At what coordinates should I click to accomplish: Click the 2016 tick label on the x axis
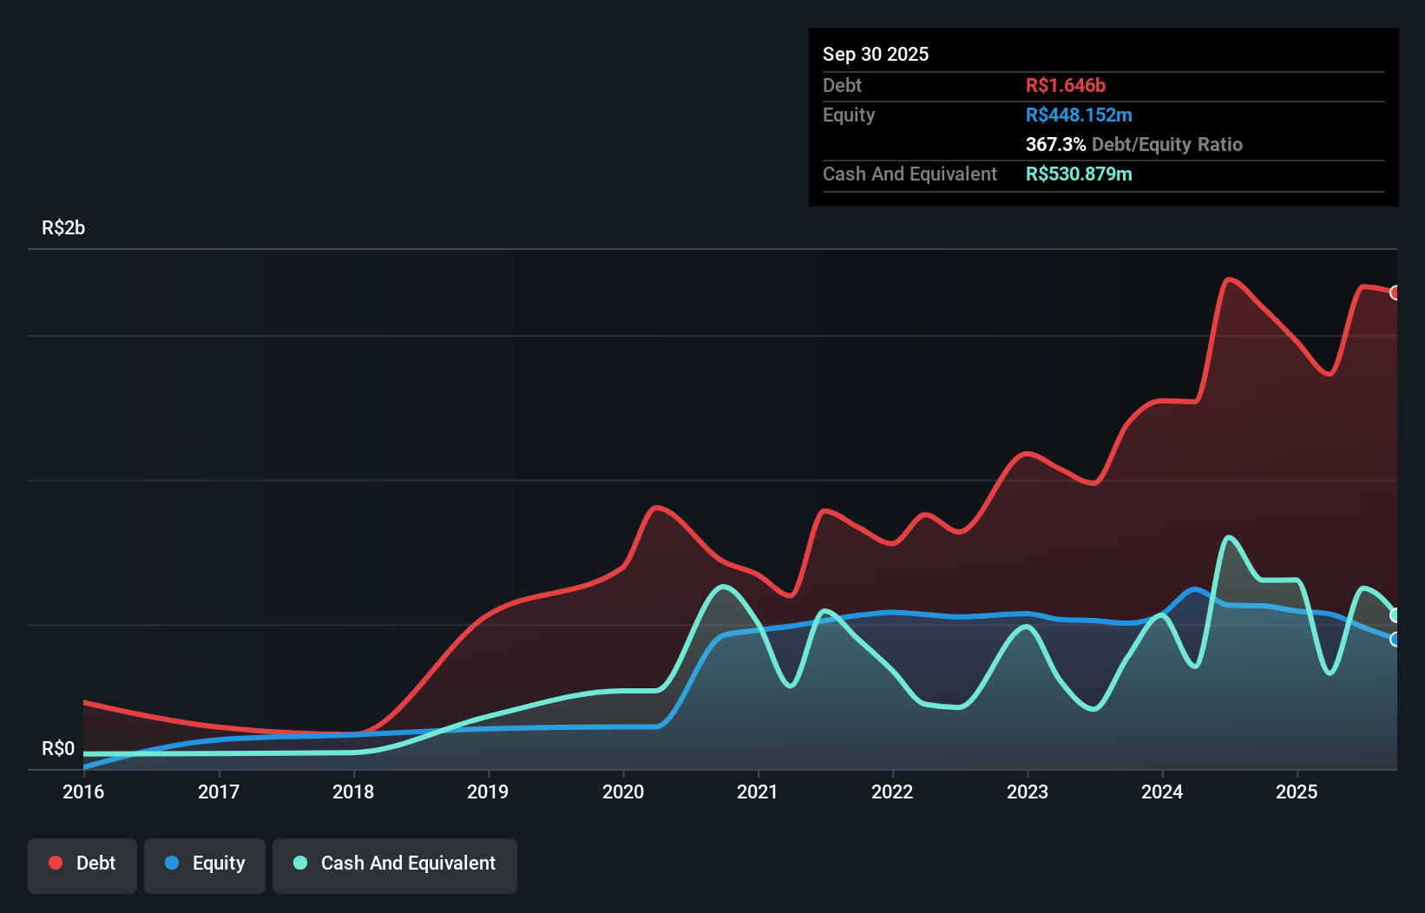point(83,791)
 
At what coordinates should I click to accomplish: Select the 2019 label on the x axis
point(488,791)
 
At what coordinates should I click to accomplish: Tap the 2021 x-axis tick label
point(758,791)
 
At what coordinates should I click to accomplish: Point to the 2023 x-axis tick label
point(1028,791)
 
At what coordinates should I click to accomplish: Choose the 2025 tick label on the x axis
point(1297,791)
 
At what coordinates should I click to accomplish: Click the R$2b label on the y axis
point(63,227)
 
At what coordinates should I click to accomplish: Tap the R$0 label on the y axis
point(58,748)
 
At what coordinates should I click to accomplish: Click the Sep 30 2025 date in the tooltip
point(876,54)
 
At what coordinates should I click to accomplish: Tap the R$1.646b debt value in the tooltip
point(1065,85)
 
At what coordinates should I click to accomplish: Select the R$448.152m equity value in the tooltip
point(1078,115)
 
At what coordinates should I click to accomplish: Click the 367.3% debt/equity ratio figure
point(1055,144)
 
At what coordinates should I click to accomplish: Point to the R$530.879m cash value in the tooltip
point(1078,174)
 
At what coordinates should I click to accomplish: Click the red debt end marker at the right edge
point(1395,292)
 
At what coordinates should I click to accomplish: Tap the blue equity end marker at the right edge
point(1395,640)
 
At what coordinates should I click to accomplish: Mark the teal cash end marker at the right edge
point(1395,615)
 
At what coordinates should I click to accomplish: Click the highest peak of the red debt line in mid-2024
point(1228,279)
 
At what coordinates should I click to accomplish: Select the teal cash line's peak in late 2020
point(723,587)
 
